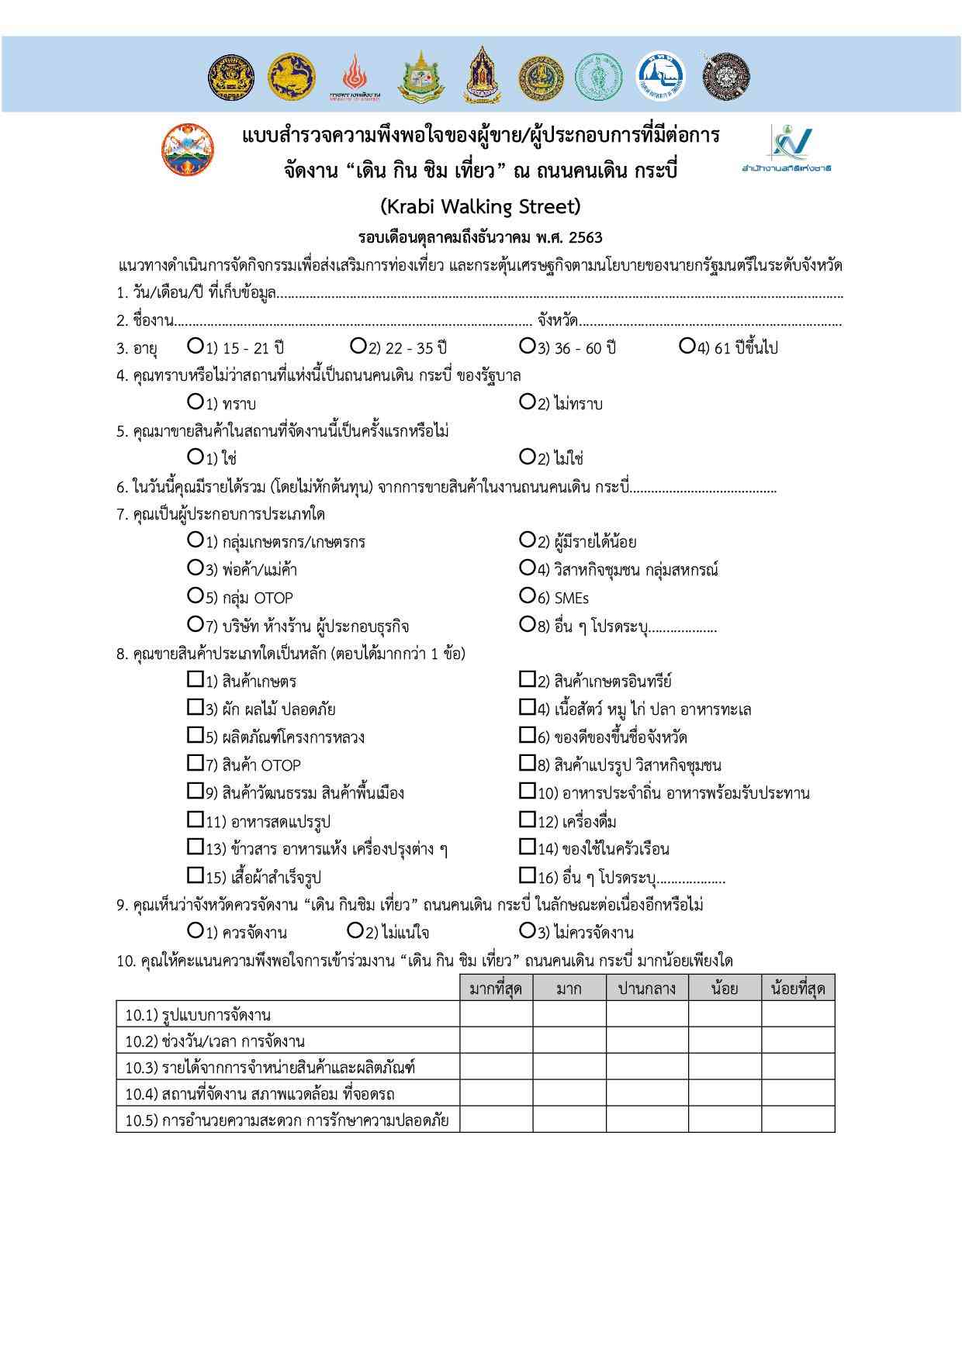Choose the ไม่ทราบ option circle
[527, 402]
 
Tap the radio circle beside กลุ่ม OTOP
[195, 595]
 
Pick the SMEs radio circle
[527, 595]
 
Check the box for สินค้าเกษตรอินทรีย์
[527, 680]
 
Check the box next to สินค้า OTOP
[195, 764]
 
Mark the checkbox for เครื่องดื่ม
[527, 820]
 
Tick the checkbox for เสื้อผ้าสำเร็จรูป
[195, 875]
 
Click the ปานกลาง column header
[646, 989]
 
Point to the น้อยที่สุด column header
[798, 989]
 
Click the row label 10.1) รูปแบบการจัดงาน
[198, 1015]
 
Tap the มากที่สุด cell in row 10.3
[496, 1068]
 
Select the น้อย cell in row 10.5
[724, 1120]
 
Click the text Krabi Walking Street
[480, 207]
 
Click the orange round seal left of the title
[188, 148]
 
